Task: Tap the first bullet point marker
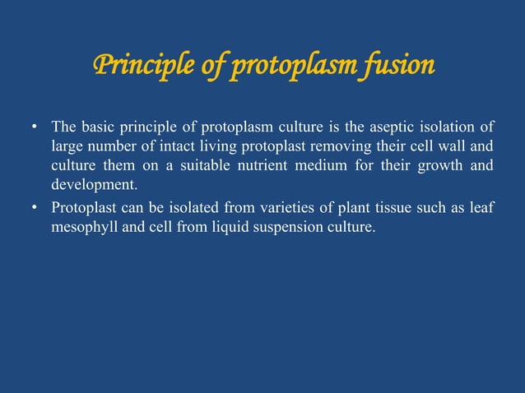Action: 35,129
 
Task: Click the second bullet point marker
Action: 35,208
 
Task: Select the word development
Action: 91,187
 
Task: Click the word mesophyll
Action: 82,226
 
